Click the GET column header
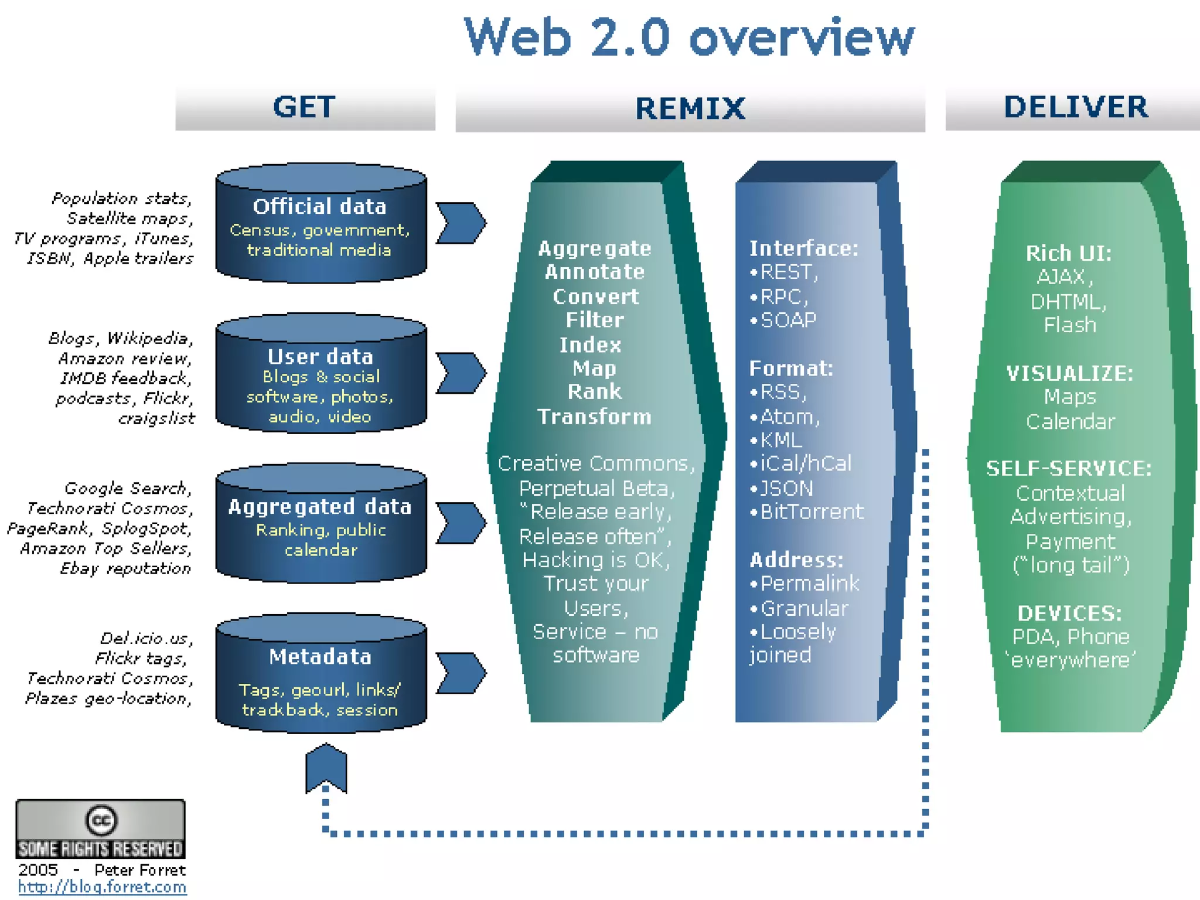point(304,107)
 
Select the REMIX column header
point(690,109)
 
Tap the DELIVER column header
point(1076,107)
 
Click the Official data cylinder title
point(320,207)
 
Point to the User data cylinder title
point(321,356)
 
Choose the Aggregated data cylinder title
point(320,507)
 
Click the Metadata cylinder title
point(320,657)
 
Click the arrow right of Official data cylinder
point(461,223)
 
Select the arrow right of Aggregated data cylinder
point(461,523)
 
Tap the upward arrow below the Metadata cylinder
point(326,768)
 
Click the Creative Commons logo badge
point(100,829)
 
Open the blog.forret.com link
point(102,887)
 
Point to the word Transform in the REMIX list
point(595,417)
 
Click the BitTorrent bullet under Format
point(811,512)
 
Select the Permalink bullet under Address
point(809,584)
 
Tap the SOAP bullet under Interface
point(787,321)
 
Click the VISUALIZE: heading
point(1070,373)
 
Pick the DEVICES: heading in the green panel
point(1070,613)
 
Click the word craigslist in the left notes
point(156,418)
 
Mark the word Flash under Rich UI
point(1070,325)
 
